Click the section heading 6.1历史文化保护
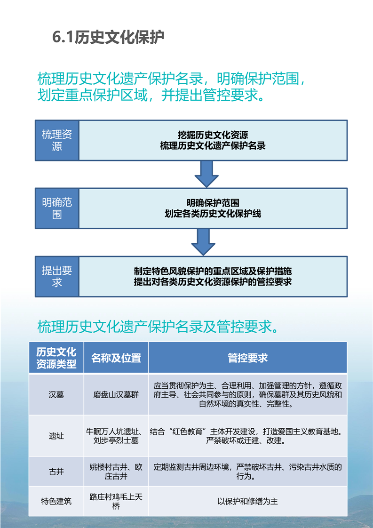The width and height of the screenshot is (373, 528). [108, 37]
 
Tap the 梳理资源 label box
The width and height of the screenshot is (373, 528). [57, 140]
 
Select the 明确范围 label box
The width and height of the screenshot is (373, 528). [57, 208]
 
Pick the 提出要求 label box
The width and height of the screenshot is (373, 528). [57, 276]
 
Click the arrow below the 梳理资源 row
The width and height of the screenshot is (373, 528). [206, 174]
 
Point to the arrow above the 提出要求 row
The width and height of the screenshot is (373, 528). [203, 242]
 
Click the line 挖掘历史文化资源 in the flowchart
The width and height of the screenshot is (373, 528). [213, 135]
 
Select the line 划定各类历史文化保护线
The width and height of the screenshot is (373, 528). [213, 214]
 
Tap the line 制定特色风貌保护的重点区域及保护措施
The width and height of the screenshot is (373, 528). [213, 271]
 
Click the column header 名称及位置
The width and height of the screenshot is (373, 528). [116, 358]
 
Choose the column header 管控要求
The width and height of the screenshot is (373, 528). [248, 358]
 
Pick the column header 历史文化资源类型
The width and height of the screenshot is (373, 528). [56, 358]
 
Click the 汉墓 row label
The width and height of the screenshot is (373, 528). [56, 394]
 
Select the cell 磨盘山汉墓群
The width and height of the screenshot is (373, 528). [116, 394]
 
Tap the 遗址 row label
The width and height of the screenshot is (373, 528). [56, 436]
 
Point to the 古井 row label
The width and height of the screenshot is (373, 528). [56, 472]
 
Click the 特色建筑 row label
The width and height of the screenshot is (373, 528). [56, 501]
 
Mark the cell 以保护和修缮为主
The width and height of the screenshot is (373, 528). [248, 501]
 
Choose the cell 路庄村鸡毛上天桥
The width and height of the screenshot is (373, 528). [116, 501]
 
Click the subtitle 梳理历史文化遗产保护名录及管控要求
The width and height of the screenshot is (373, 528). [158, 327]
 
